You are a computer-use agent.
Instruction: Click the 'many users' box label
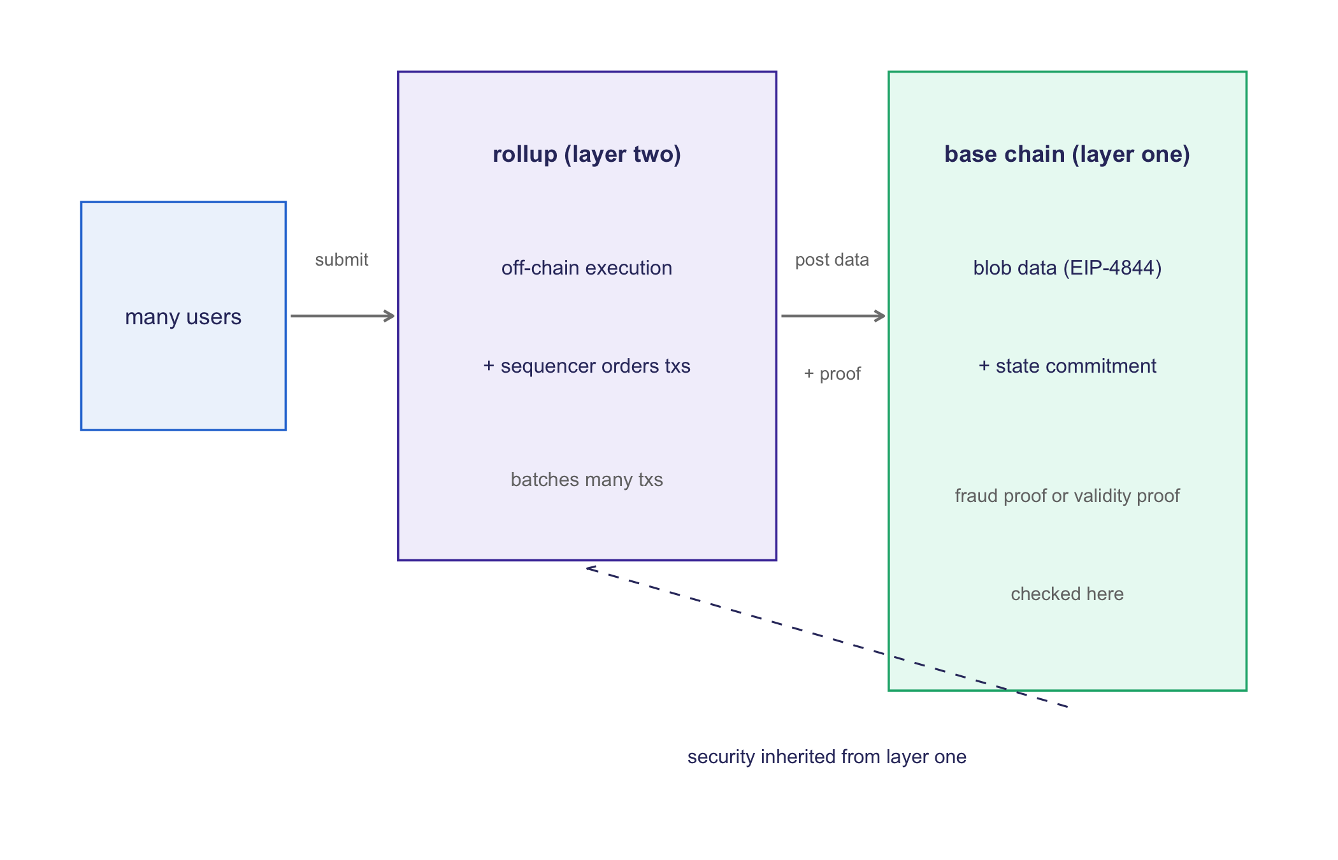pyautogui.click(x=183, y=317)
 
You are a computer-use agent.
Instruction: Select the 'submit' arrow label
pyautogui.click(x=342, y=260)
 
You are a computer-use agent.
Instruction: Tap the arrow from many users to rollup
pyautogui.click(x=343, y=316)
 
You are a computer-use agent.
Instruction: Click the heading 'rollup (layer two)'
pyautogui.click(x=587, y=154)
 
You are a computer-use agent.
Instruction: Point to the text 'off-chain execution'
pyautogui.click(x=587, y=268)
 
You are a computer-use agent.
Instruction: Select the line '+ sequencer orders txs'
pyautogui.click(x=587, y=366)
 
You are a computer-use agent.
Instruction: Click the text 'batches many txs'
pyautogui.click(x=587, y=479)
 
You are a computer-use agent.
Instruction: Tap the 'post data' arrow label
pyautogui.click(x=832, y=260)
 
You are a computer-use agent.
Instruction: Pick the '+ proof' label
pyautogui.click(x=832, y=374)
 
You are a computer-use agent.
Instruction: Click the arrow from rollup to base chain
pyautogui.click(x=833, y=316)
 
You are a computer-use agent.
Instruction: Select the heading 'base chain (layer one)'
pyautogui.click(x=1067, y=154)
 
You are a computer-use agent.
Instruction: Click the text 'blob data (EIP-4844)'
pyautogui.click(x=1067, y=268)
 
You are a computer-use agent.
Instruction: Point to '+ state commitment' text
pyautogui.click(x=1067, y=366)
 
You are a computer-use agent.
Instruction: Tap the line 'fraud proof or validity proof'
pyautogui.click(x=1067, y=496)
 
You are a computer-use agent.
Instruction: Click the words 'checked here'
pyautogui.click(x=1067, y=594)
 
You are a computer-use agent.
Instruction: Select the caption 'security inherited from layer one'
pyautogui.click(x=827, y=757)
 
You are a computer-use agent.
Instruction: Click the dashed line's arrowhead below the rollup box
pyautogui.click(x=590, y=568)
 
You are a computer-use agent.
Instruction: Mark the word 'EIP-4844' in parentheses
pyautogui.click(x=1112, y=268)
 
